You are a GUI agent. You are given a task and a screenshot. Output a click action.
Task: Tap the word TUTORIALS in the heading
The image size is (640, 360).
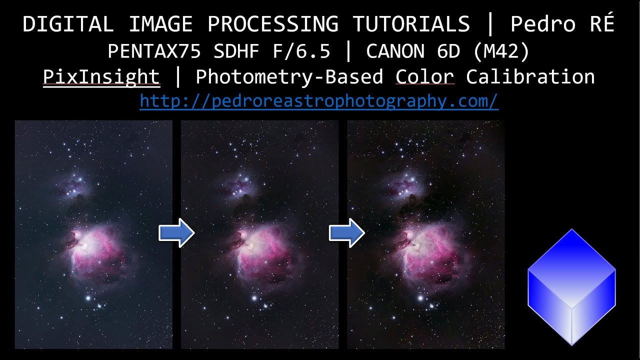[411, 24]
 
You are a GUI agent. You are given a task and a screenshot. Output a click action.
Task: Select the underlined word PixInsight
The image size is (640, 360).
[101, 77]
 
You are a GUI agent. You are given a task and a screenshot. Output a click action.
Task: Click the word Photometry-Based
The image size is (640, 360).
[289, 77]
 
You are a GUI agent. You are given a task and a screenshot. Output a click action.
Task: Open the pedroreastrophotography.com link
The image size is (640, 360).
[319, 101]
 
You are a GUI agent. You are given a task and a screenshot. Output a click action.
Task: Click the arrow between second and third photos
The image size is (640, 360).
[346, 233]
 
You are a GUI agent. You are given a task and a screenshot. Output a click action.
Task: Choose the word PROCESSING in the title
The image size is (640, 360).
[273, 24]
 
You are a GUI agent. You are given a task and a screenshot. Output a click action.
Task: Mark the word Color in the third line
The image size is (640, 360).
[425, 77]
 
